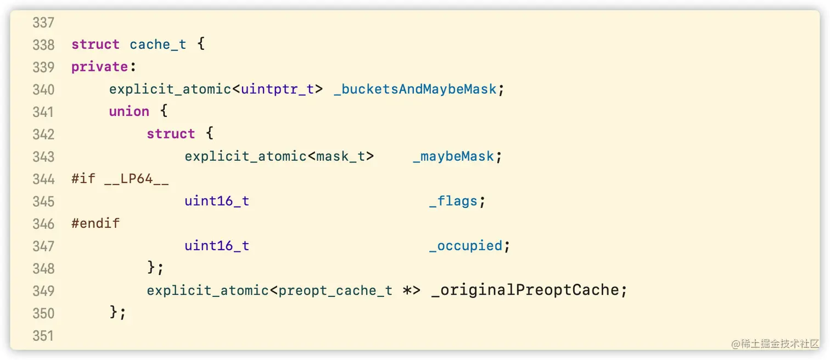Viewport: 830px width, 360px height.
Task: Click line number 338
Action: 43,44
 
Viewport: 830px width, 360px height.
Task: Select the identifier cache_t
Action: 158,44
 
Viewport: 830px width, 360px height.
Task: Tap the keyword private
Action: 99,67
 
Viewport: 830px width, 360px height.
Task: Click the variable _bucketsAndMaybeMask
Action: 415,89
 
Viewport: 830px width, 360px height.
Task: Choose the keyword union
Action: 129,111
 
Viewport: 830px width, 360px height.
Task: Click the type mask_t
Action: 340,156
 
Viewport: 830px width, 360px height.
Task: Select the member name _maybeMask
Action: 453,156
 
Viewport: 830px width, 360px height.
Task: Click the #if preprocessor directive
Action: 83,179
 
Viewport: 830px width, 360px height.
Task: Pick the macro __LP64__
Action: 137,179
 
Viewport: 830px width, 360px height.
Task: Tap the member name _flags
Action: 453,201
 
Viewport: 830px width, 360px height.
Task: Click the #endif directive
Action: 96,223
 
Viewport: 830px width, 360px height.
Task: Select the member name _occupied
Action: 466,246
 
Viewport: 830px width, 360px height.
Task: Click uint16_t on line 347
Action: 217,246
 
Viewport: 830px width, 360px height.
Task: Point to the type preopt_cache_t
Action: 335,290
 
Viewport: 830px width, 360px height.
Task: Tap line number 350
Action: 43,313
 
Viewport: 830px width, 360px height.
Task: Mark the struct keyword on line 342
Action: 171,134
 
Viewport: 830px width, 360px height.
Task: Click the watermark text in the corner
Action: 775,344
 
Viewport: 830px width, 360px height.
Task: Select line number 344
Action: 43,179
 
